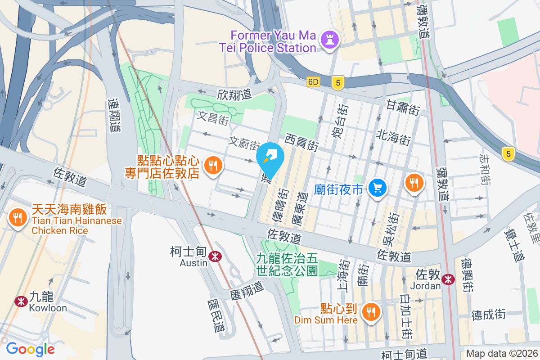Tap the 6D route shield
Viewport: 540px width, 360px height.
click(313, 82)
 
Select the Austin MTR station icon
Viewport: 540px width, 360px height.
click(215, 256)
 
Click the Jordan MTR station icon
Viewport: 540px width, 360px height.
click(448, 279)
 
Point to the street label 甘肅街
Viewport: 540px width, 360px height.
click(403, 107)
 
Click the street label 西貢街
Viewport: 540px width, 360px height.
click(301, 143)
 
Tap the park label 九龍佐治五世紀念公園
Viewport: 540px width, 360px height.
click(287, 265)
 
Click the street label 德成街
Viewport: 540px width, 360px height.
click(489, 314)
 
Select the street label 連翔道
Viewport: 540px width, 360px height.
click(115, 115)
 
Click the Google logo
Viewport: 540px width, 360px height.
click(30, 349)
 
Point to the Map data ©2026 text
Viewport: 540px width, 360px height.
click(501, 354)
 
